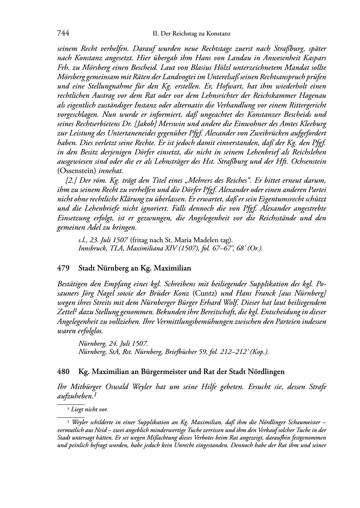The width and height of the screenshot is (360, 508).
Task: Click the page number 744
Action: (x=63, y=34)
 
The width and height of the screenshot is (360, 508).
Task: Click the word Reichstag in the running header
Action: (x=185, y=34)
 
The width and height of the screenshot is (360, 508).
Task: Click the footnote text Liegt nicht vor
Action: (x=90, y=409)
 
